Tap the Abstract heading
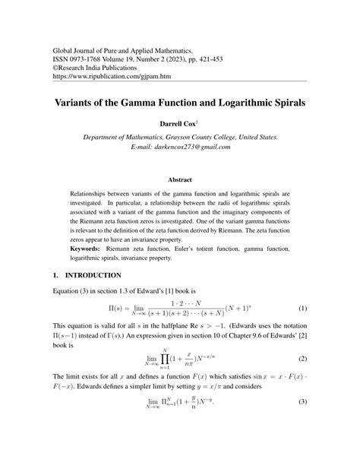pyautogui.click(x=180, y=180)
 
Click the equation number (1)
pyautogui.click(x=302, y=309)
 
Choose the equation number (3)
pyautogui.click(x=302, y=423)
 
